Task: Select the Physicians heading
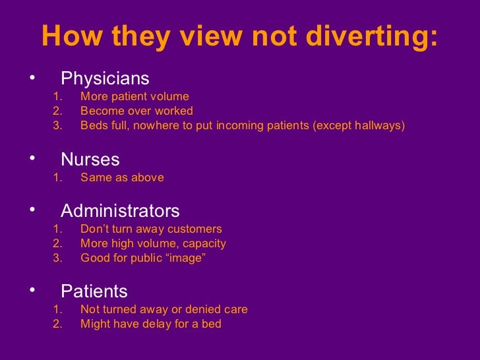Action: tap(105, 79)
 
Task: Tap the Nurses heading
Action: tap(90, 160)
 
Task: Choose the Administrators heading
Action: tap(120, 211)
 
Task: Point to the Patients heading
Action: tap(94, 291)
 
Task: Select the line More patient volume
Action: tap(135, 97)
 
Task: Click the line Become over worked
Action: tap(136, 111)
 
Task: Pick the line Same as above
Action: tap(122, 177)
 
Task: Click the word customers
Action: tap(195, 229)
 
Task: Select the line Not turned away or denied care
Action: tap(164, 309)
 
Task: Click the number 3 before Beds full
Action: tap(56, 125)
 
